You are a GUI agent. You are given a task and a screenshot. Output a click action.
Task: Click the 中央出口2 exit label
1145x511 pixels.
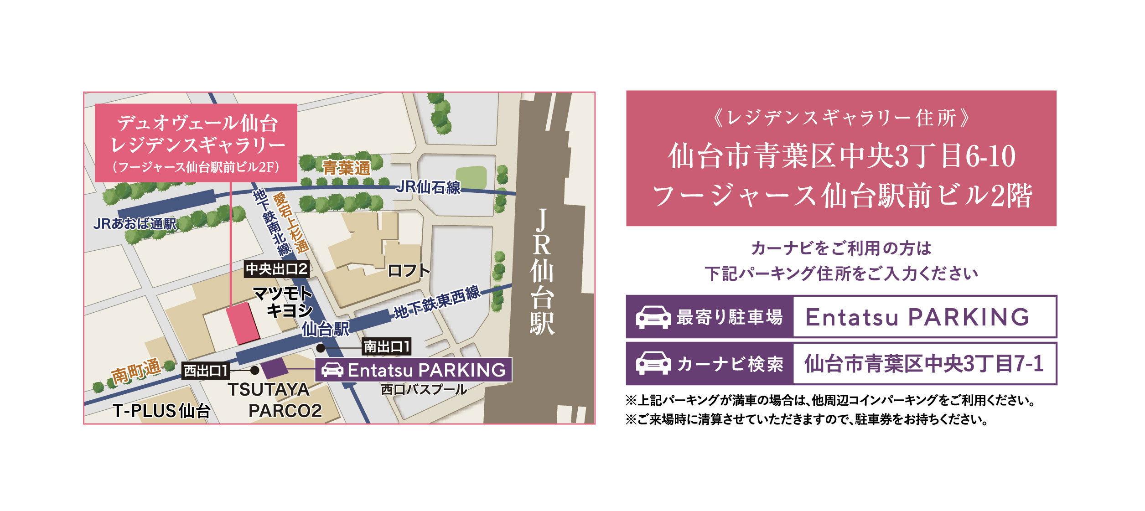[x=277, y=269]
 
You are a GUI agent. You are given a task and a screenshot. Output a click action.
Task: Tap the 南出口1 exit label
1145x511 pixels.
[x=386, y=347]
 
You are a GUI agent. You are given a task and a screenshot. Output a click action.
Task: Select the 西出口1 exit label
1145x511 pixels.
[x=206, y=371]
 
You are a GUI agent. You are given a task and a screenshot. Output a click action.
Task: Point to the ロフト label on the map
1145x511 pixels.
[x=409, y=271]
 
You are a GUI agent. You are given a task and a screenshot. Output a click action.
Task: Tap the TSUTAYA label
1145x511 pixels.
[x=269, y=390]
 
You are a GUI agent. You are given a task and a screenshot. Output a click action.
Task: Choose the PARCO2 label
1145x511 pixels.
[x=285, y=411]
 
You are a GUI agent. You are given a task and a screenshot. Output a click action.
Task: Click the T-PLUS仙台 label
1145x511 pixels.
[x=161, y=411]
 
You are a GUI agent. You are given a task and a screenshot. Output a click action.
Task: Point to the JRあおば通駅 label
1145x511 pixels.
[x=135, y=224]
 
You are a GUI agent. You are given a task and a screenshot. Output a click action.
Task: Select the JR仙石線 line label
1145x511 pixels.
[x=428, y=187]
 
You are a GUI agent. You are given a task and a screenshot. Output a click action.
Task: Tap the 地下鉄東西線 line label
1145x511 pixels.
[x=437, y=303]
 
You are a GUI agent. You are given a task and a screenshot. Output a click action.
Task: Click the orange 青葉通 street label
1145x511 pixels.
[x=347, y=168]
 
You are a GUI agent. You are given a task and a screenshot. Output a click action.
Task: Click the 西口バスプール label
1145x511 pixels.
[x=424, y=390]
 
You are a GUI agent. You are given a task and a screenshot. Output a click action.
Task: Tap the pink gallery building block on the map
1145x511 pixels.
[x=243, y=323]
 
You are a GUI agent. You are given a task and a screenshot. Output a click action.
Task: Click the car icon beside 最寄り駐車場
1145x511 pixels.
[x=653, y=317]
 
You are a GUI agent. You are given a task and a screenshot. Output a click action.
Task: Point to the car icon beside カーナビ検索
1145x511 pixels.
[x=653, y=364]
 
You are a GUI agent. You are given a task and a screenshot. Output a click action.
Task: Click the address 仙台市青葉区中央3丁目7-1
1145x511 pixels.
[x=924, y=364]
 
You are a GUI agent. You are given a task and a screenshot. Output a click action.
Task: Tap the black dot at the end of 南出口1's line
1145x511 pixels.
[x=321, y=348]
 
